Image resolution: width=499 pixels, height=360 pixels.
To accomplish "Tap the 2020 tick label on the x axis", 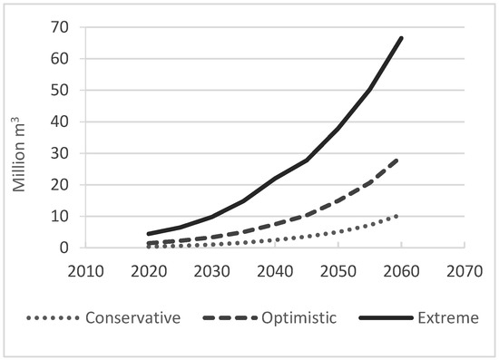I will [146, 270].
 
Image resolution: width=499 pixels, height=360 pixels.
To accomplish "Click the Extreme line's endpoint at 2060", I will [401, 38].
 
